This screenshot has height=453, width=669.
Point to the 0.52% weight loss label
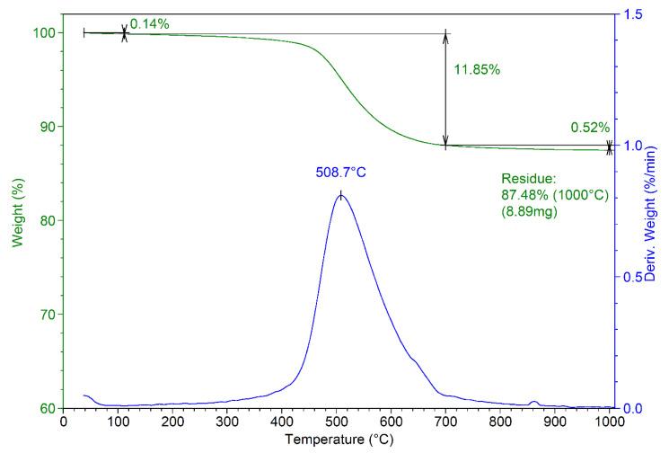[590, 128]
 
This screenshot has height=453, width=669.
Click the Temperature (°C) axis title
[336, 441]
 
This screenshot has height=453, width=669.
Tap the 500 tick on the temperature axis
[336, 421]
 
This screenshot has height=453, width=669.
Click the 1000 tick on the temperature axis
[609, 421]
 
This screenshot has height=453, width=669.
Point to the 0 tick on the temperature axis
[63, 421]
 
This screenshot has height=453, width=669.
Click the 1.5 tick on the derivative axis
[633, 14]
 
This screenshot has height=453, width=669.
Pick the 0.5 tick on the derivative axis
[633, 277]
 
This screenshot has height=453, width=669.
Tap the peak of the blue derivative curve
[340, 194]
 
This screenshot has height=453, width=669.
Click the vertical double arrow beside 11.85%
[445, 90]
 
